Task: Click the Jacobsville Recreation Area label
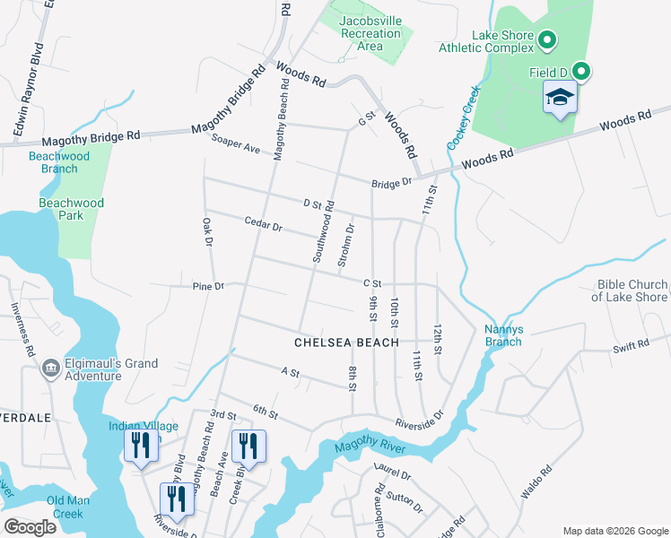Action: point(370,33)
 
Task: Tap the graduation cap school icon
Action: point(560,97)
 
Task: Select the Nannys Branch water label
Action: point(503,334)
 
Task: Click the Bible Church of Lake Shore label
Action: point(632,291)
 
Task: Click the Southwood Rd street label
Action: point(323,230)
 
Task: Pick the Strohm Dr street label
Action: point(344,245)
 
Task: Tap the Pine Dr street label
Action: point(207,286)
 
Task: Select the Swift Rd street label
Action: point(631,345)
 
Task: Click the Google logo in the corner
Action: point(30,526)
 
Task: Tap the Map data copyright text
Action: point(614,531)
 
